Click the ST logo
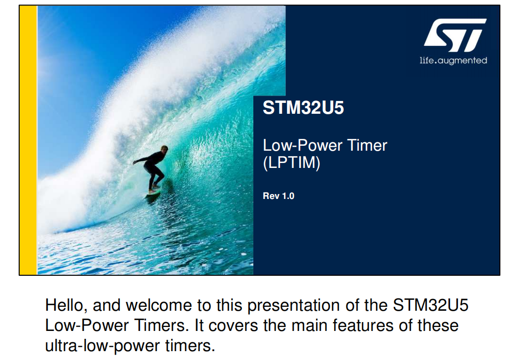[455, 35]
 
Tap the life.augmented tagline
[453, 61]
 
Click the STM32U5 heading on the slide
[303, 107]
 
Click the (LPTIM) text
[291, 163]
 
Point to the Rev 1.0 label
[278, 196]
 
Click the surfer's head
[164, 149]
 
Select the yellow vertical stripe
[28, 140]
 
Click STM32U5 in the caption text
[430, 305]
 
